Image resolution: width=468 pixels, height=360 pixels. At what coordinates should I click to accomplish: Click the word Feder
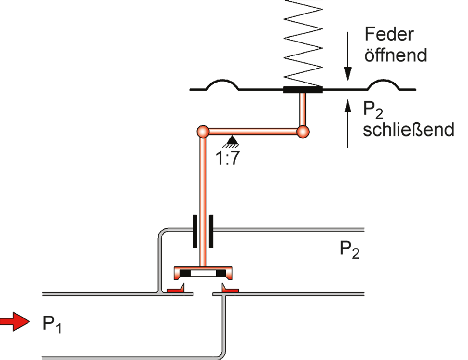pos(389,35)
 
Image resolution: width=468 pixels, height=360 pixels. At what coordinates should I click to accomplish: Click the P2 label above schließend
pos(373,110)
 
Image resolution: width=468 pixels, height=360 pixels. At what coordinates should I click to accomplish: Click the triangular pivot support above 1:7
pos(232,141)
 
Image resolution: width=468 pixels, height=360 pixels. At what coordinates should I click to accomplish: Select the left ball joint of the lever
pos(203,131)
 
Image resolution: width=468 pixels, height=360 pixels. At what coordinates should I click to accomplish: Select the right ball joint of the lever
pos(303,131)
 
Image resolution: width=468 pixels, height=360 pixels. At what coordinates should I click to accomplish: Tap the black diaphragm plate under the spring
pos(303,90)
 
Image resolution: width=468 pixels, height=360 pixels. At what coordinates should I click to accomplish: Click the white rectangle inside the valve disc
pos(203,274)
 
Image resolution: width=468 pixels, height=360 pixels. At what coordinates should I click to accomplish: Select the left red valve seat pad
pos(175,290)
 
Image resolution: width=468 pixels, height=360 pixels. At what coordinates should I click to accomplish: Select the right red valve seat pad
pos(230,290)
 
